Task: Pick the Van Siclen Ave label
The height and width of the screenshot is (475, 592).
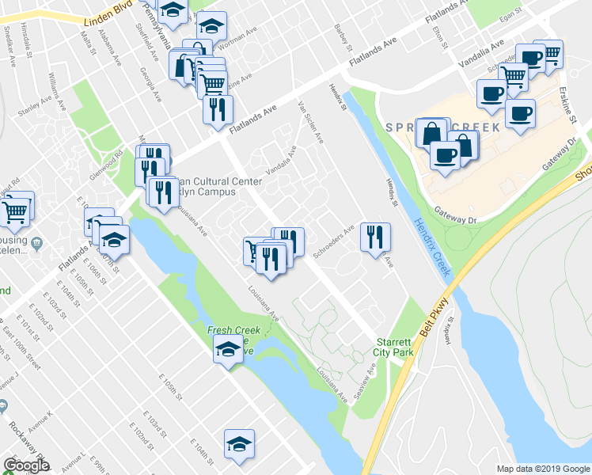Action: [309, 122]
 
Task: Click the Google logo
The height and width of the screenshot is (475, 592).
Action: [26, 465]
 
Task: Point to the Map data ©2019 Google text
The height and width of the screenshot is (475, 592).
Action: [542, 469]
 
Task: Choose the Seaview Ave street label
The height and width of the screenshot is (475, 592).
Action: [366, 381]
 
